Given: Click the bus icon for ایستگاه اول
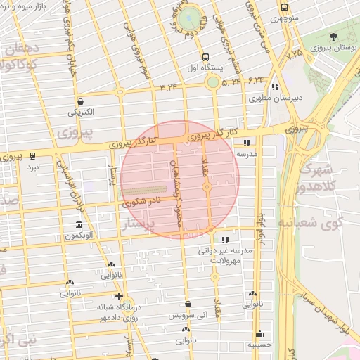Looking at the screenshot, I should click(x=205, y=58).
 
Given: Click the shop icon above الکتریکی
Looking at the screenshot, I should click(x=81, y=101).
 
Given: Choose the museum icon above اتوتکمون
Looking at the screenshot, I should click(x=79, y=226).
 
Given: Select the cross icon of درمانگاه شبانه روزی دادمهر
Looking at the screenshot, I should click(x=120, y=297).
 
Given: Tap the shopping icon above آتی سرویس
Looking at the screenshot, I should click(x=188, y=304).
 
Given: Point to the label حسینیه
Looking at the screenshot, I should click(x=260, y=345).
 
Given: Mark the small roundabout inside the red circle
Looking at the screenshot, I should click(x=207, y=187).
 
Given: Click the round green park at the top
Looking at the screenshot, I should click(x=188, y=18).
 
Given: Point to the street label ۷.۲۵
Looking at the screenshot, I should click(x=294, y=51).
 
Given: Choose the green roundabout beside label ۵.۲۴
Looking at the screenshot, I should click(x=212, y=83).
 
